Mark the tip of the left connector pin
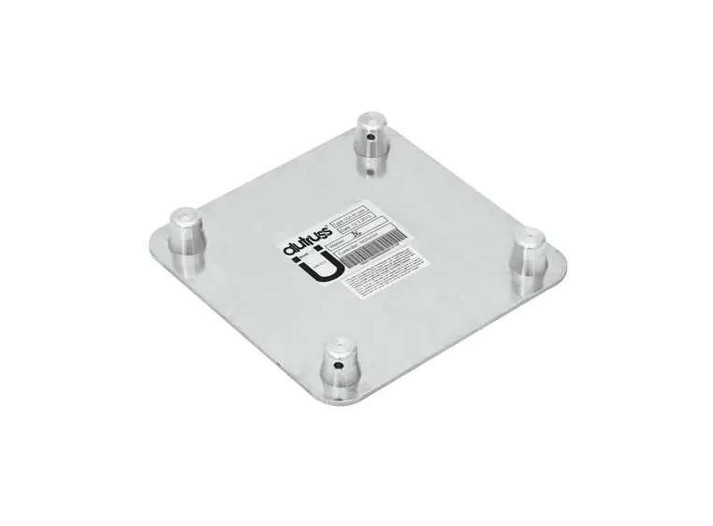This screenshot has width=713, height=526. coord(182,218)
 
